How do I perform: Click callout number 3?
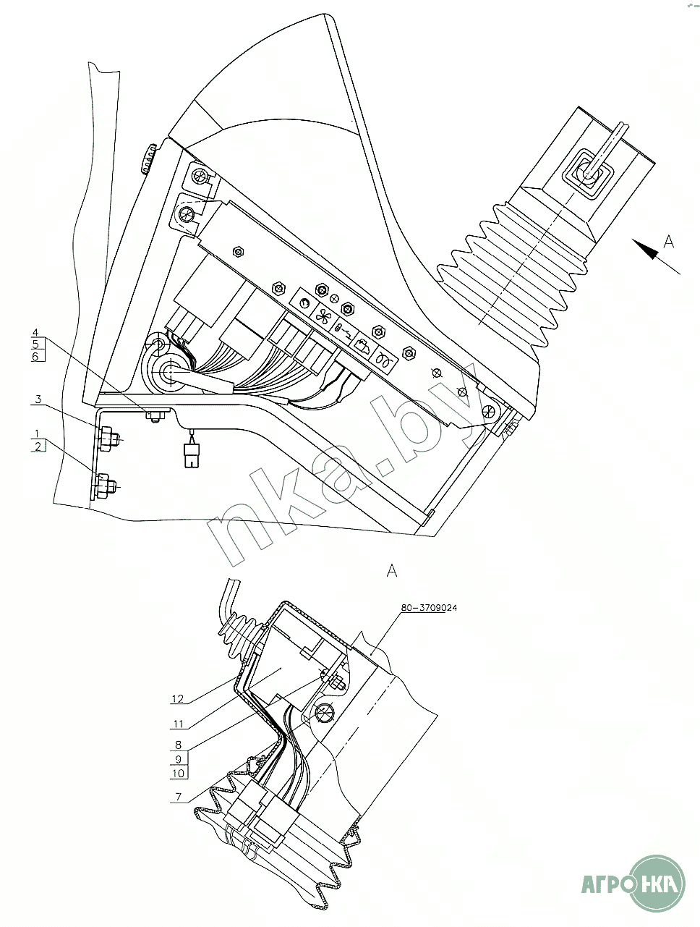pyautogui.click(x=38, y=399)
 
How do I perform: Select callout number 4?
pyautogui.click(x=36, y=332)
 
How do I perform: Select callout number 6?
pyautogui.click(x=36, y=357)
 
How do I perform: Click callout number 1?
pyautogui.click(x=38, y=433)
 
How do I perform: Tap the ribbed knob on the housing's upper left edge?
pyautogui.click(x=148, y=158)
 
